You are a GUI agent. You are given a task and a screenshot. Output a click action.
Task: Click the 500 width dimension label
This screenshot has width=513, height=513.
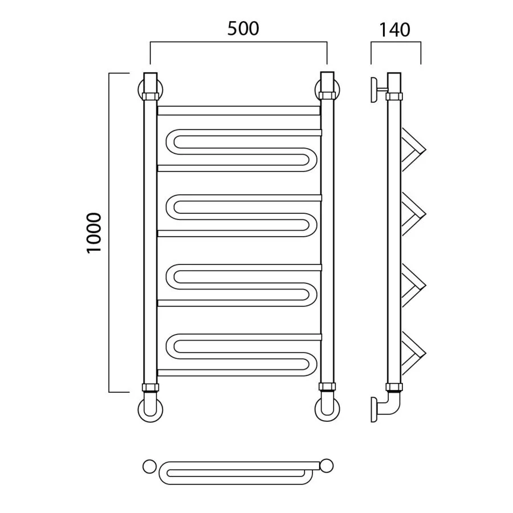pos(243,28)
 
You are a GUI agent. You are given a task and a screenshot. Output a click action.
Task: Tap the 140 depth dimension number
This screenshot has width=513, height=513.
pos(394,30)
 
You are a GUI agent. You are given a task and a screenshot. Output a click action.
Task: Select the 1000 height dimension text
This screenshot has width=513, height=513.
pos(94,233)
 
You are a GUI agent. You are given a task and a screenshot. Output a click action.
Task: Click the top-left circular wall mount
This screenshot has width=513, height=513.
pos(140,89)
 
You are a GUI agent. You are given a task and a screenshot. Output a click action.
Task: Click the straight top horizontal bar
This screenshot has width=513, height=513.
pos(238,110)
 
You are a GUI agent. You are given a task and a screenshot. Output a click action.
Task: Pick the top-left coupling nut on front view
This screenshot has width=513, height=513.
pos(150,96)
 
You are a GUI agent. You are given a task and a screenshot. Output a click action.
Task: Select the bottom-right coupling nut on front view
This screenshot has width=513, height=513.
pos(327,387)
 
